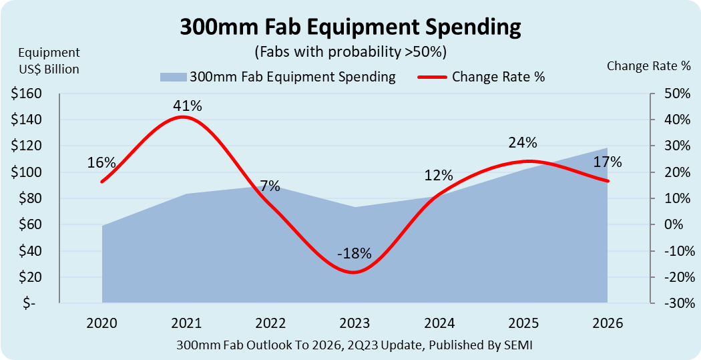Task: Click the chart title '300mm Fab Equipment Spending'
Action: pyautogui.click(x=350, y=27)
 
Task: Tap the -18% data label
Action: pyautogui.click(x=354, y=254)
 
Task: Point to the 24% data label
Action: pyautogui.click(x=522, y=142)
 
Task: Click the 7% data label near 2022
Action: pyautogui.click(x=270, y=186)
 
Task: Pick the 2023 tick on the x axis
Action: pyautogui.click(x=354, y=323)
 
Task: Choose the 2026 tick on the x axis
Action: pyautogui.click(x=607, y=323)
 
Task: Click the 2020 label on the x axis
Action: pyautogui.click(x=101, y=323)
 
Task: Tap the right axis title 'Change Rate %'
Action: pyautogui.click(x=648, y=66)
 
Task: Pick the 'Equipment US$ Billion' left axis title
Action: pyautogui.click(x=49, y=61)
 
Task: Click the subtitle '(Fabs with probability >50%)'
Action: pyautogui.click(x=350, y=51)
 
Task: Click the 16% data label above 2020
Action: pyautogui.click(x=101, y=163)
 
